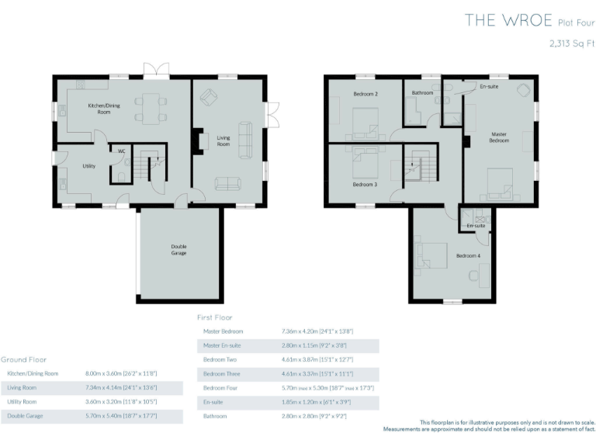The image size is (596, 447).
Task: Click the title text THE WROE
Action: pyautogui.click(x=508, y=20)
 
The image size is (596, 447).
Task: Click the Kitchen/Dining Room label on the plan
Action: pyautogui.click(x=99, y=109)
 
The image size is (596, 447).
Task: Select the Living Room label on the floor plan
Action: pyautogui.click(x=223, y=141)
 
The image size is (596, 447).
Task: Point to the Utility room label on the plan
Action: pyautogui.click(x=89, y=166)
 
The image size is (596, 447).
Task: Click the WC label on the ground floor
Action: pyautogui.click(x=122, y=151)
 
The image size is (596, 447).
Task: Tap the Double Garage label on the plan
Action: pyautogui.click(x=178, y=251)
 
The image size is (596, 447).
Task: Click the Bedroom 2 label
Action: pyautogui.click(x=366, y=94)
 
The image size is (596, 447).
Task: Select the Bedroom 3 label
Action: pyautogui.click(x=365, y=185)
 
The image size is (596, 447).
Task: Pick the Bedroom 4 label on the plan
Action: pyautogui.click(x=468, y=255)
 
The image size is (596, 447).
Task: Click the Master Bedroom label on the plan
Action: pyautogui.click(x=499, y=137)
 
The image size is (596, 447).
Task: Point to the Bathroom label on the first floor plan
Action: pyautogui.click(x=422, y=93)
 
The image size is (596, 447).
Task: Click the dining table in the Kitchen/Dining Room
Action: pyautogui.click(x=151, y=108)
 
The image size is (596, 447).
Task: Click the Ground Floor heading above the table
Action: pyautogui.click(x=23, y=359)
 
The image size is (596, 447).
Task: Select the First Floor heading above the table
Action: pyautogui.click(x=215, y=317)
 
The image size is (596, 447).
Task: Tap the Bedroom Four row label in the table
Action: pyautogui.click(x=220, y=387)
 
